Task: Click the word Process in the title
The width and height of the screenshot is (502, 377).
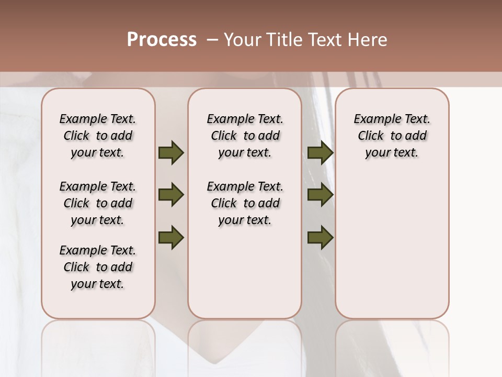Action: pyautogui.click(x=162, y=40)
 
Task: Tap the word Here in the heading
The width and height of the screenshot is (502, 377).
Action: pyautogui.click(x=368, y=40)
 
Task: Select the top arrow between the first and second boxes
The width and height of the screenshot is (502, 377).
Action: pyautogui.click(x=171, y=153)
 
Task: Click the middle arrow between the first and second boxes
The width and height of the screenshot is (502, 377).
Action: pyautogui.click(x=171, y=195)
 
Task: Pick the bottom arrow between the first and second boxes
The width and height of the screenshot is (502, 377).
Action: pyautogui.click(x=171, y=238)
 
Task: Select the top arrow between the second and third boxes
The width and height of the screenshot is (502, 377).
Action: pyautogui.click(x=320, y=153)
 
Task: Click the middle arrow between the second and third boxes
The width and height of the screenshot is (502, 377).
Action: pyautogui.click(x=320, y=195)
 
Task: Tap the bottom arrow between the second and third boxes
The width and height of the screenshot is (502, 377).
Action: pyautogui.click(x=320, y=238)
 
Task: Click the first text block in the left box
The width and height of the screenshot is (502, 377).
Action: pyautogui.click(x=98, y=136)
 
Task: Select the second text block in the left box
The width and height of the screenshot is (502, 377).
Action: pyautogui.click(x=98, y=203)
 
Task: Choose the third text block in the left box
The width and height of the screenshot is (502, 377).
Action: pyautogui.click(x=98, y=267)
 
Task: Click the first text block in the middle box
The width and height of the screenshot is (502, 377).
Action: pyautogui.click(x=245, y=136)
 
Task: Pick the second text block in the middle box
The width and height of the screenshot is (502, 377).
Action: pyautogui.click(x=245, y=203)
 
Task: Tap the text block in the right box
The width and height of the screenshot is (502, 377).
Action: pyautogui.click(x=392, y=136)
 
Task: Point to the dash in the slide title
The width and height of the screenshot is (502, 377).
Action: pyautogui.click(x=212, y=40)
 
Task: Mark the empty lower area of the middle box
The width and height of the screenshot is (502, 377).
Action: pyautogui.click(x=245, y=272)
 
